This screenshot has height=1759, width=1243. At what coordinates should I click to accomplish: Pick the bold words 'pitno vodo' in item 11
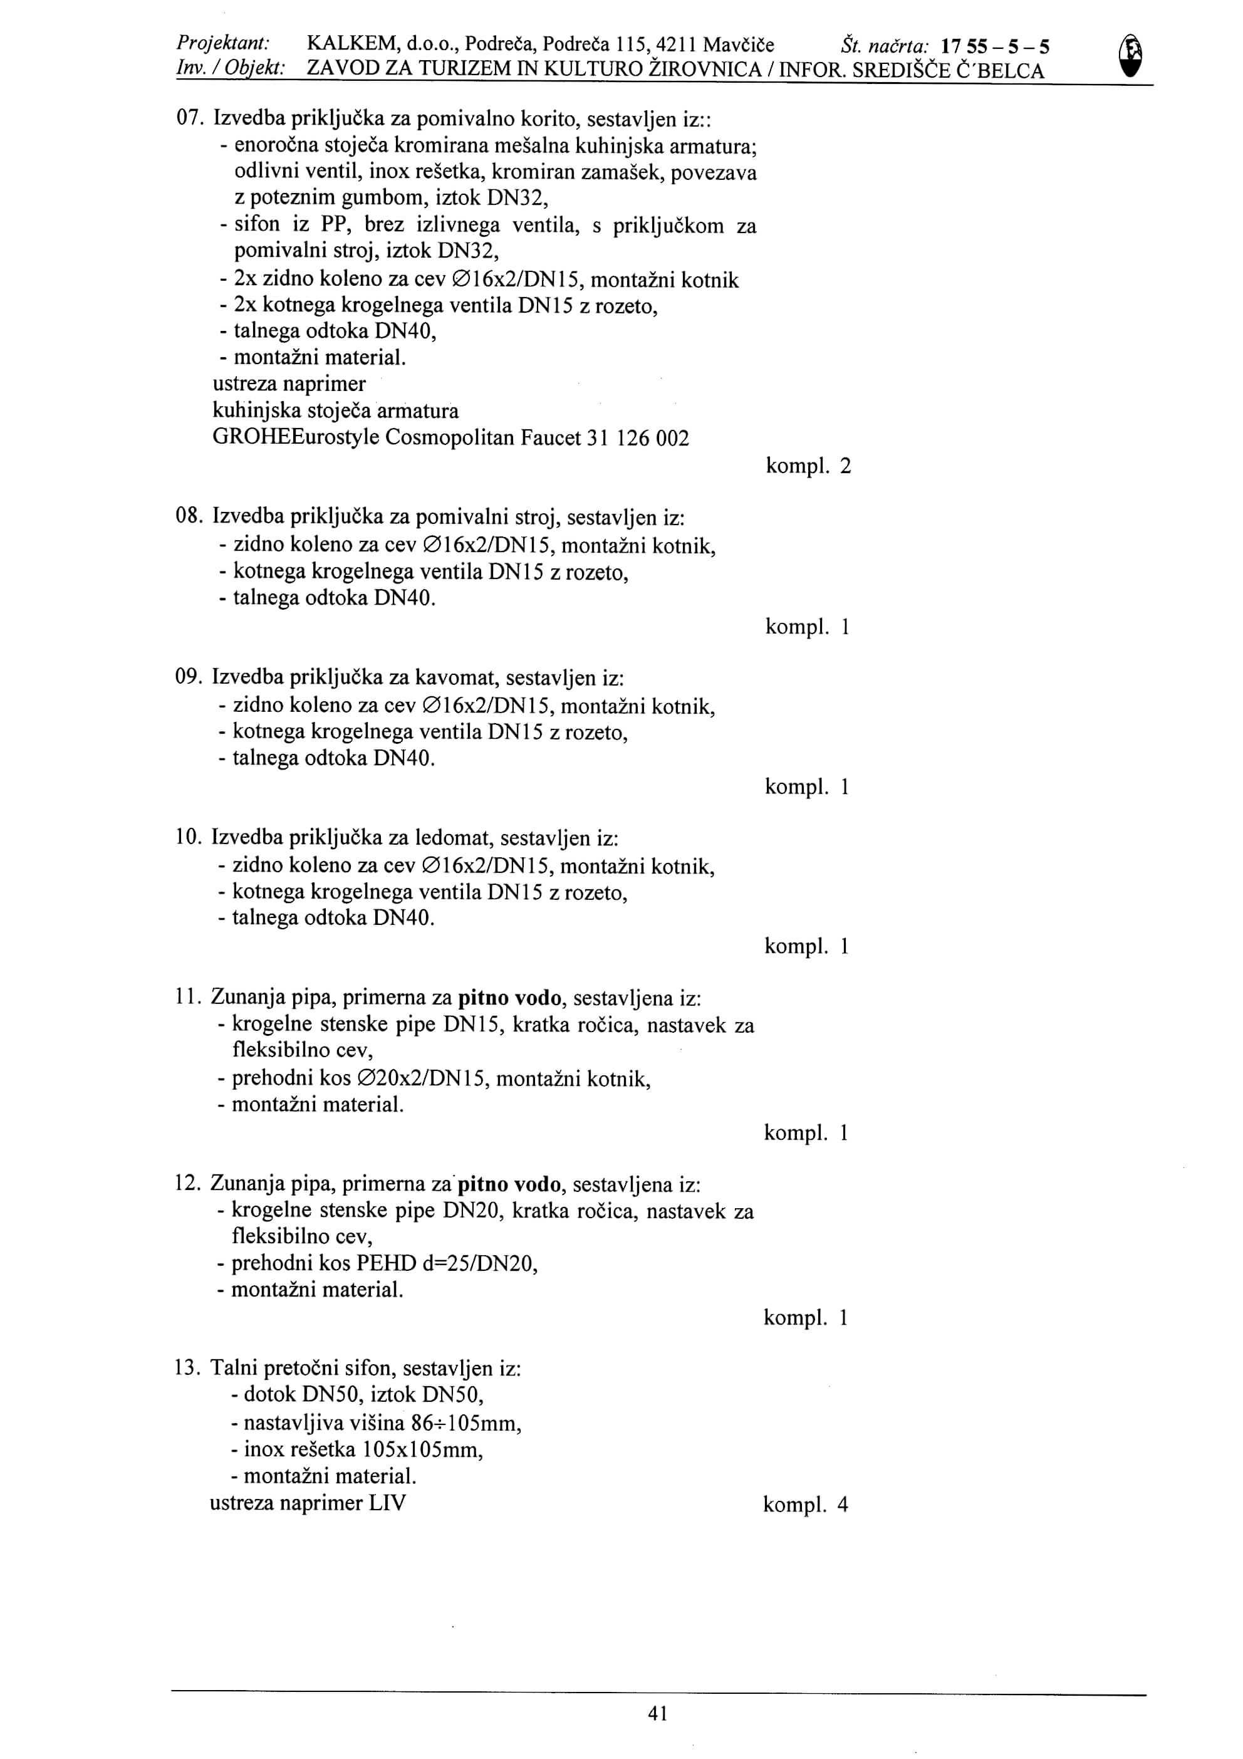point(510,998)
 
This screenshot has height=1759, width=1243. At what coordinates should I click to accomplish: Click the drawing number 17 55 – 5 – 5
point(995,48)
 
